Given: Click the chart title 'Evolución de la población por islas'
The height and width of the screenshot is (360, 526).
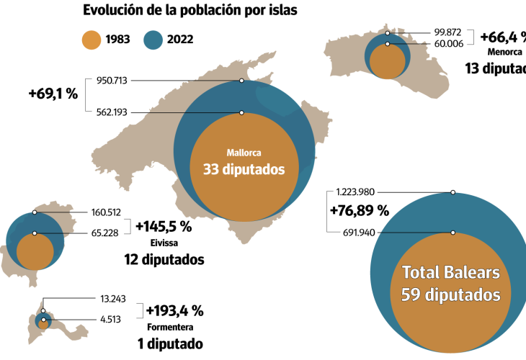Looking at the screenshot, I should click(x=181, y=10).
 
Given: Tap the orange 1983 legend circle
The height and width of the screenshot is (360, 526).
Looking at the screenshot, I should click(x=92, y=40).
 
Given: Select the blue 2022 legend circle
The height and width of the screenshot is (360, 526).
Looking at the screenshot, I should click(x=154, y=40).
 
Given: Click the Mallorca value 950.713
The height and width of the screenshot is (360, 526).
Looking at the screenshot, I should click(x=112, y=81).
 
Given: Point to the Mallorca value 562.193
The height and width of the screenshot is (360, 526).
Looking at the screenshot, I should click(x=112, y=112).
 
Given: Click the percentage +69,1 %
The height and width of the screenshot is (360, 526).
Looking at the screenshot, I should click(x=53, y=94).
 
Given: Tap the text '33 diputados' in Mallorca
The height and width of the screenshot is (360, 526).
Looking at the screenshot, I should click(x=243, y=170).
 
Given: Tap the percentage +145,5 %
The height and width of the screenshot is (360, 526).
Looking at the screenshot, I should click(x=164, y=226).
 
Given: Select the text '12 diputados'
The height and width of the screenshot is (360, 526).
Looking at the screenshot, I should click(x=164, y=258).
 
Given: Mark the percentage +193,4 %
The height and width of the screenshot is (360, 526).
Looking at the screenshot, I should click(x=174, y=311).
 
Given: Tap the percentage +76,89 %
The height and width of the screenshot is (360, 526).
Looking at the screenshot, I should click(x=359, y=211).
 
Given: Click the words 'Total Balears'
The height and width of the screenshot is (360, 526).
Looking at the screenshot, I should click(x=450, y=273).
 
